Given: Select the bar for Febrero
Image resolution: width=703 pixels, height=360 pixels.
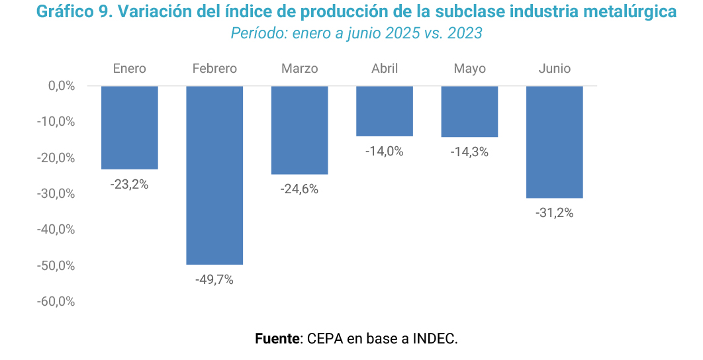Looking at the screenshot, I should click(214, 175).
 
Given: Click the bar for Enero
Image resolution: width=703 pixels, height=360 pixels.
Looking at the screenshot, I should click(130, 128).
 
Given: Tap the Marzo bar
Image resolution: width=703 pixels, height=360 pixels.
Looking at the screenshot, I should click(299, 130).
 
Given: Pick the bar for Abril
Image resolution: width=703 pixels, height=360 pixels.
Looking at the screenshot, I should click(385, 111).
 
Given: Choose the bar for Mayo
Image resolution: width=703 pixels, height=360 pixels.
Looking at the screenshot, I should click(469, 112).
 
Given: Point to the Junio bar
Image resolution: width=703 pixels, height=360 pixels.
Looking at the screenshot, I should click(554, 142).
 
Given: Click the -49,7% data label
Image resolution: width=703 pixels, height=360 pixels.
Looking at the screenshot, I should click(214, 279).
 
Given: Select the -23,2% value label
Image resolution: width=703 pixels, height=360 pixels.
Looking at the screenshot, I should click(130, 185).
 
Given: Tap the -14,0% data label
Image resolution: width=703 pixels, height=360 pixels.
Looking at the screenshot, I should click(385, 152).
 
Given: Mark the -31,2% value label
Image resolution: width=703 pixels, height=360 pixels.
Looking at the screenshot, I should click(554, 213).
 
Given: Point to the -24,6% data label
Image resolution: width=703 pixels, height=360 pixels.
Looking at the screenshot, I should click(299, 189).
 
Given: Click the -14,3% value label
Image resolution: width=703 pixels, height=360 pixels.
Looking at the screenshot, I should click(469, 152).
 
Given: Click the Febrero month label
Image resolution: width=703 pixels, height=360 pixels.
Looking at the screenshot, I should click(214, 69).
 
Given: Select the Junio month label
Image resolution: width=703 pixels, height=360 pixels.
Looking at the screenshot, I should click(554, 69).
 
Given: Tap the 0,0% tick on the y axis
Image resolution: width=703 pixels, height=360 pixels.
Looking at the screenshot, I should click(62, 86).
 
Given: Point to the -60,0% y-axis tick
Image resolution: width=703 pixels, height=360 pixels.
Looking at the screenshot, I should click(58, 302).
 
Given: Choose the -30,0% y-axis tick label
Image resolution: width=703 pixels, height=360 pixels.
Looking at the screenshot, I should click(58, 194).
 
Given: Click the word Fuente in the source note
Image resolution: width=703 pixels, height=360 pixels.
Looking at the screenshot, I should click(277, 339).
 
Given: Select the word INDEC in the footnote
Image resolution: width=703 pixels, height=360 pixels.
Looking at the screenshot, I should click(435, 339).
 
